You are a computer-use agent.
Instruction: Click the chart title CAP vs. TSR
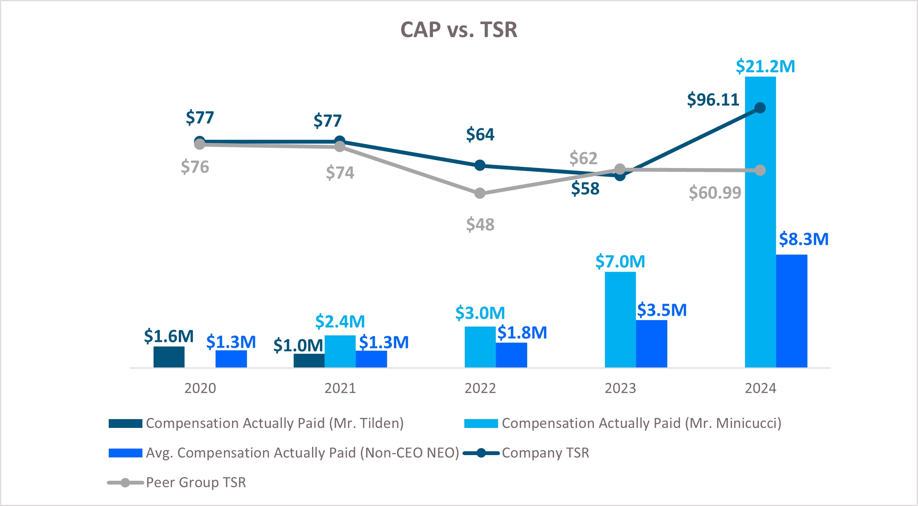tap(459, 29)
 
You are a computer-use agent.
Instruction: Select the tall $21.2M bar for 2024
tap(760, 222)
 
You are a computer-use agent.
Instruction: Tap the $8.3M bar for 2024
tap(792, 311)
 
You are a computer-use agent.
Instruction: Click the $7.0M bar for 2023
tap(620, 320)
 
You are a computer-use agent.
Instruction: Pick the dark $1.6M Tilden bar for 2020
tap(169, 357)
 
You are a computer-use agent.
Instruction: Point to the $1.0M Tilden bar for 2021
tap(309, 360)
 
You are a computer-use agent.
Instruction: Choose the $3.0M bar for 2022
tap(480, 347)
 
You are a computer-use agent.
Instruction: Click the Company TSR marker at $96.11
tap(760, 108)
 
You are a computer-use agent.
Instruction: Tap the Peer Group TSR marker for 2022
tap(480, 193)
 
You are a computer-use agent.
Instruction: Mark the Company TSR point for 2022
tap(480, 165)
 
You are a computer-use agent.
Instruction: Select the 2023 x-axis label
tap(620, 388)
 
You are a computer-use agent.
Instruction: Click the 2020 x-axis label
tap(200, 388)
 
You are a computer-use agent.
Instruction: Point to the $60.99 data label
tap(715, 193)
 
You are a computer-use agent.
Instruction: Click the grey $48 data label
tap(480, 224)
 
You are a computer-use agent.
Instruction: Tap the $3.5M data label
tap(662, 310)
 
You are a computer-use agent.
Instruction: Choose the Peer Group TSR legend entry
tap(196, 482)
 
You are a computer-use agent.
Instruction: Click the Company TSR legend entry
tap(545, 453)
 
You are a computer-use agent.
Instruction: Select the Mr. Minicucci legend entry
tap(641, 423)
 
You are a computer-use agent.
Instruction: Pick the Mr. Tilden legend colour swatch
tap(125, 423)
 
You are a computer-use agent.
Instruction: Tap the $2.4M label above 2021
tap(340, 321)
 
